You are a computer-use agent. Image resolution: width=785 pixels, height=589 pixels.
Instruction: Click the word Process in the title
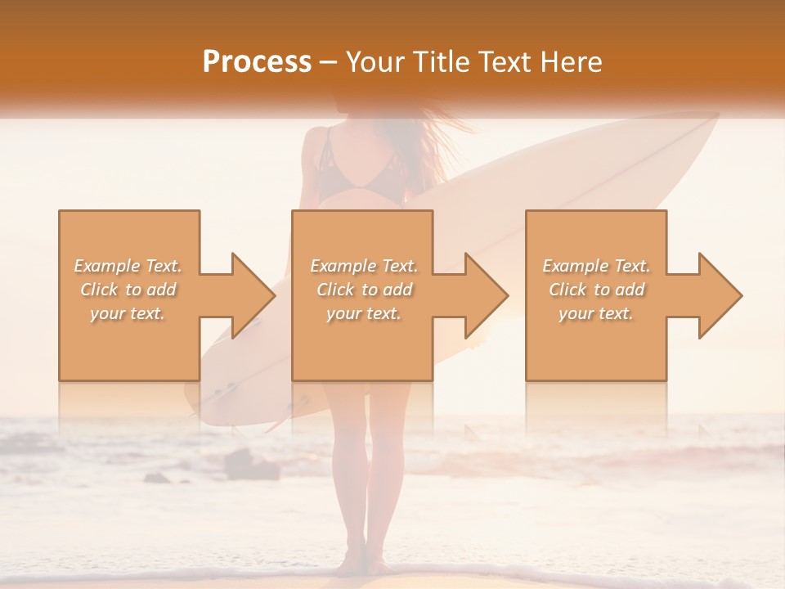pos(257,61)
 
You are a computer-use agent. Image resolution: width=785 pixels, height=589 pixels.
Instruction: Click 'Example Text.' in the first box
pos(128,266)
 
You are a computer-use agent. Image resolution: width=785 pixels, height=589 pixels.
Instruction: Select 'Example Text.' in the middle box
pos(364,266)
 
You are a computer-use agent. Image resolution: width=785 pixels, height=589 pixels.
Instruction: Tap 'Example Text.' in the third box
pos(596,266)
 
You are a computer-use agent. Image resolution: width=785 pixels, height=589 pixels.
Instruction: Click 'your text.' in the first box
pos(128,313)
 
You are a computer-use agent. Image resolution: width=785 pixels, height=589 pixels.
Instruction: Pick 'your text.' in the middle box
pos(364,313)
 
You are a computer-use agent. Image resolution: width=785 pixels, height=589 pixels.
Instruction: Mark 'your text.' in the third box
pos(596,313)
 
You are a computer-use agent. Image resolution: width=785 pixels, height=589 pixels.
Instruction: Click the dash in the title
pos(329,62)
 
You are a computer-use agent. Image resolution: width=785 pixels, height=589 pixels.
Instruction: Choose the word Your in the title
pos(372,61)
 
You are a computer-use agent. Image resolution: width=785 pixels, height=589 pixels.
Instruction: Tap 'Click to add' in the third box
pos(596,290)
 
